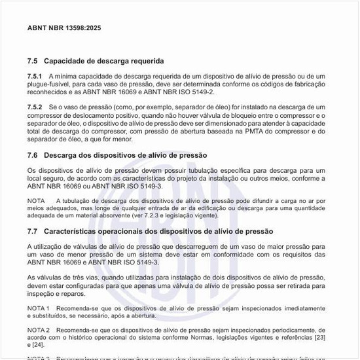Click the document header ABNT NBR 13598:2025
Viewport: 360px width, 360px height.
(64, 29)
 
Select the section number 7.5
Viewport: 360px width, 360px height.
(33, 61)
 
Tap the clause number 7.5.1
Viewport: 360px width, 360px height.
(35, 77)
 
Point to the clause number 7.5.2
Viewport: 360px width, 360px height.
(35, 106)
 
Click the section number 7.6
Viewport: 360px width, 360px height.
(33, 155)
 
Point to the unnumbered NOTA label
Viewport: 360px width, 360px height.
(37, 201)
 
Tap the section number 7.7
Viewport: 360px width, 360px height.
(33, 232)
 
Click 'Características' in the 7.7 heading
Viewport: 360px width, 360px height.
(71, 232)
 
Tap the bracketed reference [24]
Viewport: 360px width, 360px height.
(38, 345)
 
